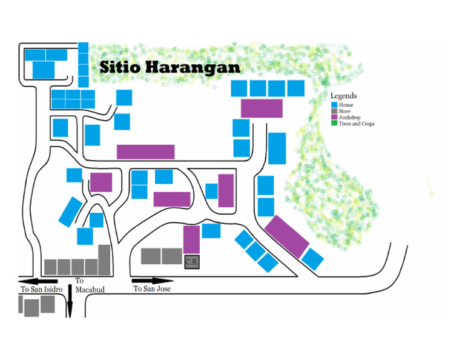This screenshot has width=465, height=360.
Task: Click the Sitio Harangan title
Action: point(170,67)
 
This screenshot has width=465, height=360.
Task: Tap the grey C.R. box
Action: point(192,262)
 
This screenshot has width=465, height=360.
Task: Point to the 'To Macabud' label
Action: point(90,285)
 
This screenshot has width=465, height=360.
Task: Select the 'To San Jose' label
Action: point(152,289)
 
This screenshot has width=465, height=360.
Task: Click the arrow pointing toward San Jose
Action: point(153,281)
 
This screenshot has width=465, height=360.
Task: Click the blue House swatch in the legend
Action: point(334,105)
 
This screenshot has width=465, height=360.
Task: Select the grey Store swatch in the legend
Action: point(334,112)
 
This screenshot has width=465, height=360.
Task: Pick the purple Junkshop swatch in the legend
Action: point(334,118)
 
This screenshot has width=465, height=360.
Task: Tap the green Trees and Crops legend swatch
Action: point(334,124)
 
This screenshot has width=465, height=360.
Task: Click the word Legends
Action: point(343,96)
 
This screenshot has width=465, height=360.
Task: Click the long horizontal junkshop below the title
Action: point(145,152)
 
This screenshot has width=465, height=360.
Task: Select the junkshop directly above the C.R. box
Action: point(191,239)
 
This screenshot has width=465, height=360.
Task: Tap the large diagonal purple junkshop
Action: point(287,236)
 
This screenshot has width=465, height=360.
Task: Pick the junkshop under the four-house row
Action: point(262,108)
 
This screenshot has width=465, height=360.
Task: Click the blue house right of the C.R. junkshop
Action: point(211,230)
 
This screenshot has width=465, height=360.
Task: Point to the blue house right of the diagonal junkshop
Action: point(312,259)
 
